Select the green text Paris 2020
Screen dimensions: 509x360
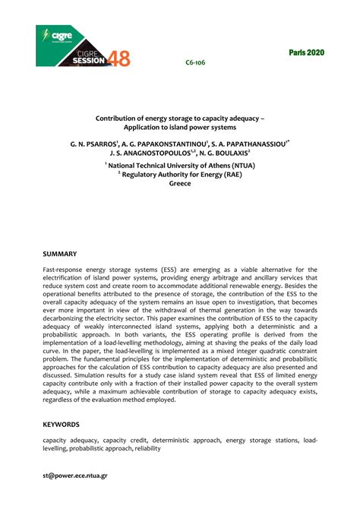coord(305,52)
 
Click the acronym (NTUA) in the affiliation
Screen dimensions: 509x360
coord(242,164)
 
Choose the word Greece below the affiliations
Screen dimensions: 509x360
coord(180,184)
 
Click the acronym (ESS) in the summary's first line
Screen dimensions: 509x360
coord(171,269)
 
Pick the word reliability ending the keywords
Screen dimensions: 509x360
coord(147,449)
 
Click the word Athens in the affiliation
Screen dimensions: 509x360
coord(212,164)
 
